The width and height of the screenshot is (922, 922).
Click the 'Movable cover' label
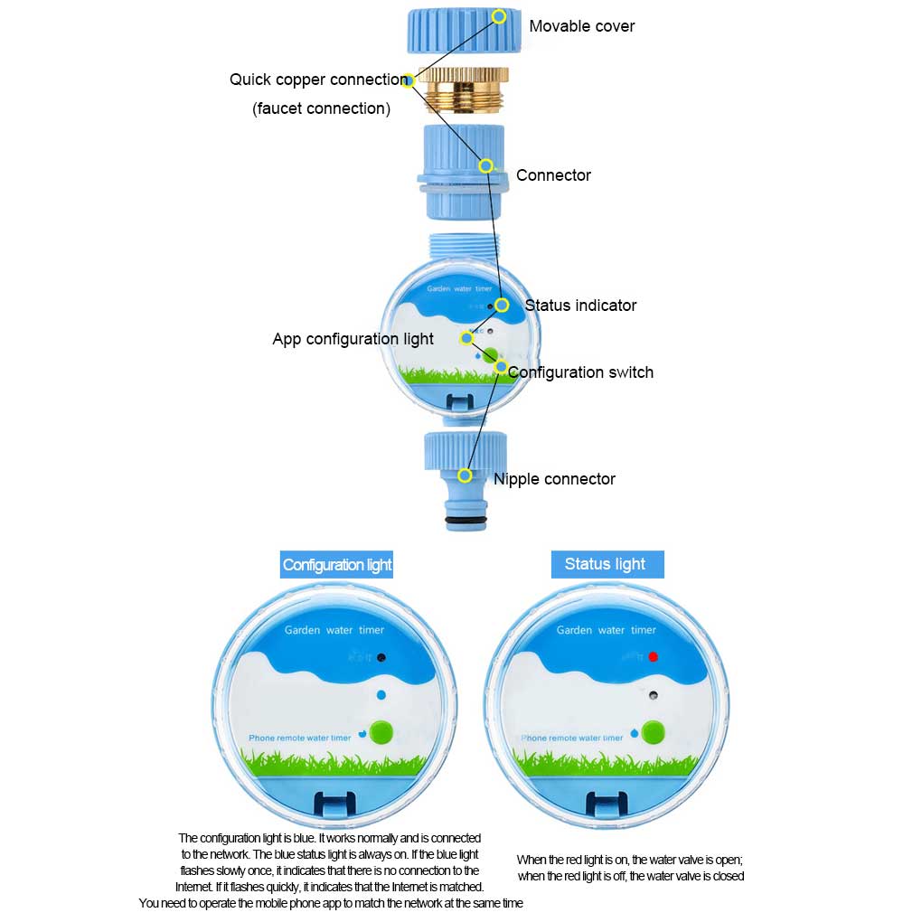581,26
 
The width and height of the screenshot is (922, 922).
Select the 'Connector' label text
553,175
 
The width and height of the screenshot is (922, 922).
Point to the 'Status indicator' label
580,306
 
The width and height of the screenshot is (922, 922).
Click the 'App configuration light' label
353,340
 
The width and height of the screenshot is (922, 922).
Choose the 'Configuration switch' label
580,372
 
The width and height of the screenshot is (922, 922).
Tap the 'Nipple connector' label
554,479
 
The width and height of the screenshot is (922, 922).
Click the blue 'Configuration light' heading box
337,565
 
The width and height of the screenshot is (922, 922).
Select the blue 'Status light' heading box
607,564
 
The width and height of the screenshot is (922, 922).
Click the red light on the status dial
653,657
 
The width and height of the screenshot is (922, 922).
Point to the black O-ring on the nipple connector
466,522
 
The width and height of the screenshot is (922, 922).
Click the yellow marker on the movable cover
499,16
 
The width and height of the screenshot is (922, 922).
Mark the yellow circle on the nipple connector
465,475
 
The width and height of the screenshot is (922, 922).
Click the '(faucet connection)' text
321,108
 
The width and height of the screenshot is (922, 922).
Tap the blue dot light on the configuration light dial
381,695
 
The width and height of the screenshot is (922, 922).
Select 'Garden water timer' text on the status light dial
606,630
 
